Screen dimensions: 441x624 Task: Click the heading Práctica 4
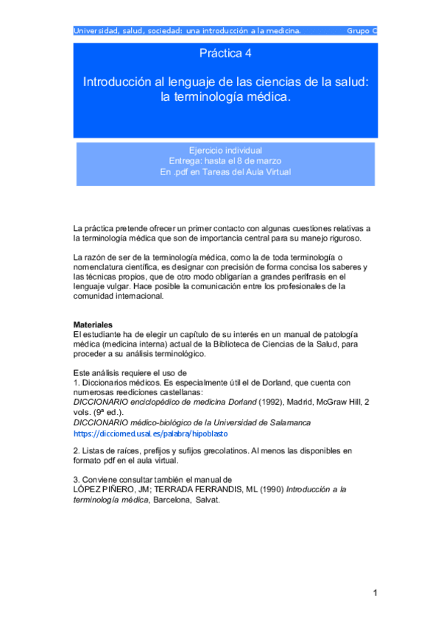click(x=225, y=54)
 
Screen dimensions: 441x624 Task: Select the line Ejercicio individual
click(x=225, y=150)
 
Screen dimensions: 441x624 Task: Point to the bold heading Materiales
click(x=93, y=325)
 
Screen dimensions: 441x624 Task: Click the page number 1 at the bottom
click(x=375, y=592)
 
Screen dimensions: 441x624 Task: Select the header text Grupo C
click(x=361, y=31)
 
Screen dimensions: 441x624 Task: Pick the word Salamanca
click(x=289, y=422)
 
